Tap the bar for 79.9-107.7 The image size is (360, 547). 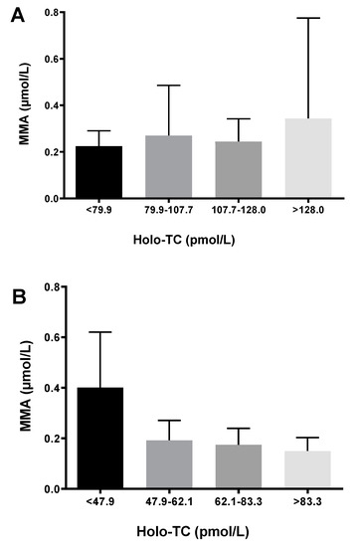[x=168, y=167]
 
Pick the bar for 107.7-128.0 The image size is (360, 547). [x=238, y=170]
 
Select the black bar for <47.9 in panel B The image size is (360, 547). [x=100, y=439]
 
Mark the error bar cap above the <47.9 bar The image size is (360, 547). [x=100, y=332]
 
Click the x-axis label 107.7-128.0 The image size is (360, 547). [x=238, y=212]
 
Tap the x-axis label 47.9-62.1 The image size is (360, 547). [x=168, y=502]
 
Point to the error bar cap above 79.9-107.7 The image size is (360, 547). [x=168, y=86]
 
